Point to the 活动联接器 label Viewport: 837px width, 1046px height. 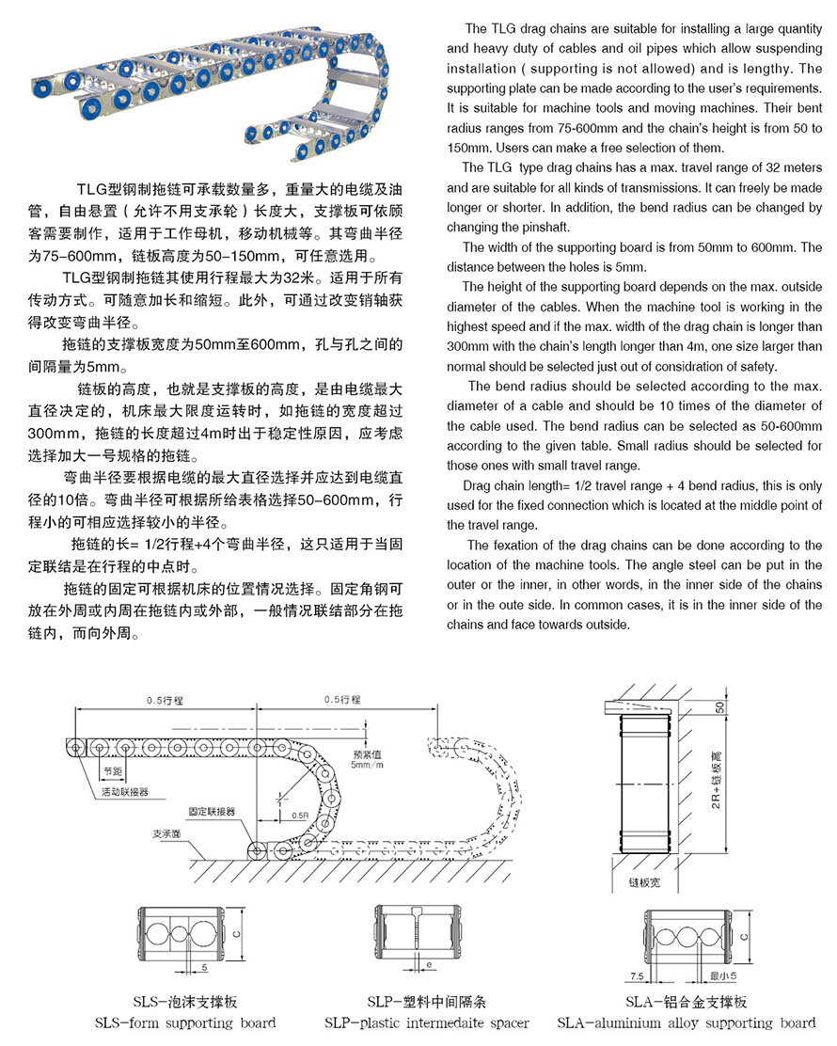point(125,792)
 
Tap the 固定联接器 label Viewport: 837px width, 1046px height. point(212,810)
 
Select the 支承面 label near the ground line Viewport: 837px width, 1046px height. point(166,833)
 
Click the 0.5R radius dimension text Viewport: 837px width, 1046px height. point(300,814)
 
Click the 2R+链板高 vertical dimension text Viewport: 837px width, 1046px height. point(719,787)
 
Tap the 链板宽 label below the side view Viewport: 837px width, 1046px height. point(644,883)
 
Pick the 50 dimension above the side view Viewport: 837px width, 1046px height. point(720,706)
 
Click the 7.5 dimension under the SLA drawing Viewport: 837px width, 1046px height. point(637,976)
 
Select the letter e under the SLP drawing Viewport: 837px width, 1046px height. point(428,965)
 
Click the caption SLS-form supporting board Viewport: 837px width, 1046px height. point(185,1022)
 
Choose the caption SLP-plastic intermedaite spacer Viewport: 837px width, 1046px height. point(426,1022)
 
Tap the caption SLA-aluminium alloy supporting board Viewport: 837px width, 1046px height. point(686,1022)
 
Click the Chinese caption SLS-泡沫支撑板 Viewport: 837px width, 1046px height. point(185,1002)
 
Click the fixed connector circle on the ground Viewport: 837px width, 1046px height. point(256,851)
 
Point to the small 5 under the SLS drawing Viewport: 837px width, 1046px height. point(204,966)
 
